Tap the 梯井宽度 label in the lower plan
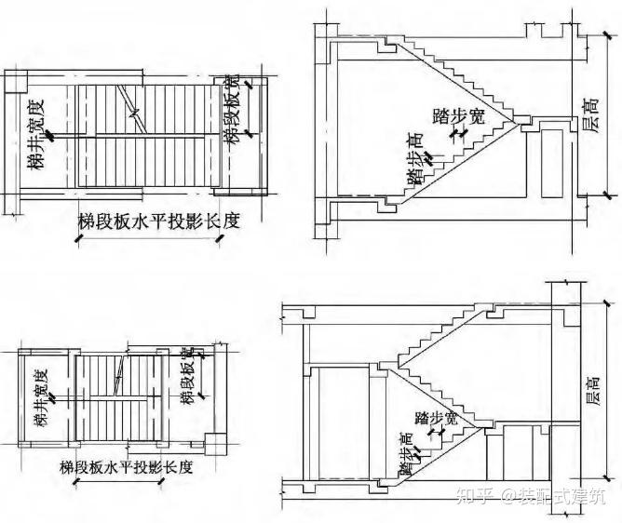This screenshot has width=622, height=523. (x=43, y=396)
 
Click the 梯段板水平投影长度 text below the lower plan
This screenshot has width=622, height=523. (x=126, y=466)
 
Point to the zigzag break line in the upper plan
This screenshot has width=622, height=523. (x=137, y=114)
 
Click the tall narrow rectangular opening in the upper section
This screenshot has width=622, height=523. (x=551, y=159)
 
